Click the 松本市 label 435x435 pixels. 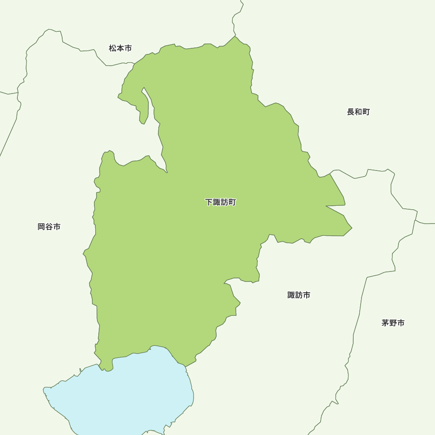click(120, 48)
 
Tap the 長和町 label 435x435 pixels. click(358, 112)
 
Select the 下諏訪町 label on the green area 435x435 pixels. click(221, 202)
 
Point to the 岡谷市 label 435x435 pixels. click(49, 227)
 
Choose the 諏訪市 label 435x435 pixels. click(299, 295)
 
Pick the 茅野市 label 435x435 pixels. click(393, 323)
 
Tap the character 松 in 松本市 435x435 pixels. click(113, 48)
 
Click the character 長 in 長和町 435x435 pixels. click(351, 112)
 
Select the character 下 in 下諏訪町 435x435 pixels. click(209, 202)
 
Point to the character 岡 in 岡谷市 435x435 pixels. click(41, 227)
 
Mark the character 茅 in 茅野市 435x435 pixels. click(385, 323)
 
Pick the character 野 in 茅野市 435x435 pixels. click(393, 323)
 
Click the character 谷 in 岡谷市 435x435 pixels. click(49, 227)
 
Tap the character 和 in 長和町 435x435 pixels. click(358, 112)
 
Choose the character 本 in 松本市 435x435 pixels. click(120, 48)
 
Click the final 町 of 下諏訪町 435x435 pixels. click(232, 202)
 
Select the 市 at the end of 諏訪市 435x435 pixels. click(307, 295)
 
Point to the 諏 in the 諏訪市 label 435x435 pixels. click(291, 295)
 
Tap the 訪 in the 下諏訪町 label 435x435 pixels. click(224, 202)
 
